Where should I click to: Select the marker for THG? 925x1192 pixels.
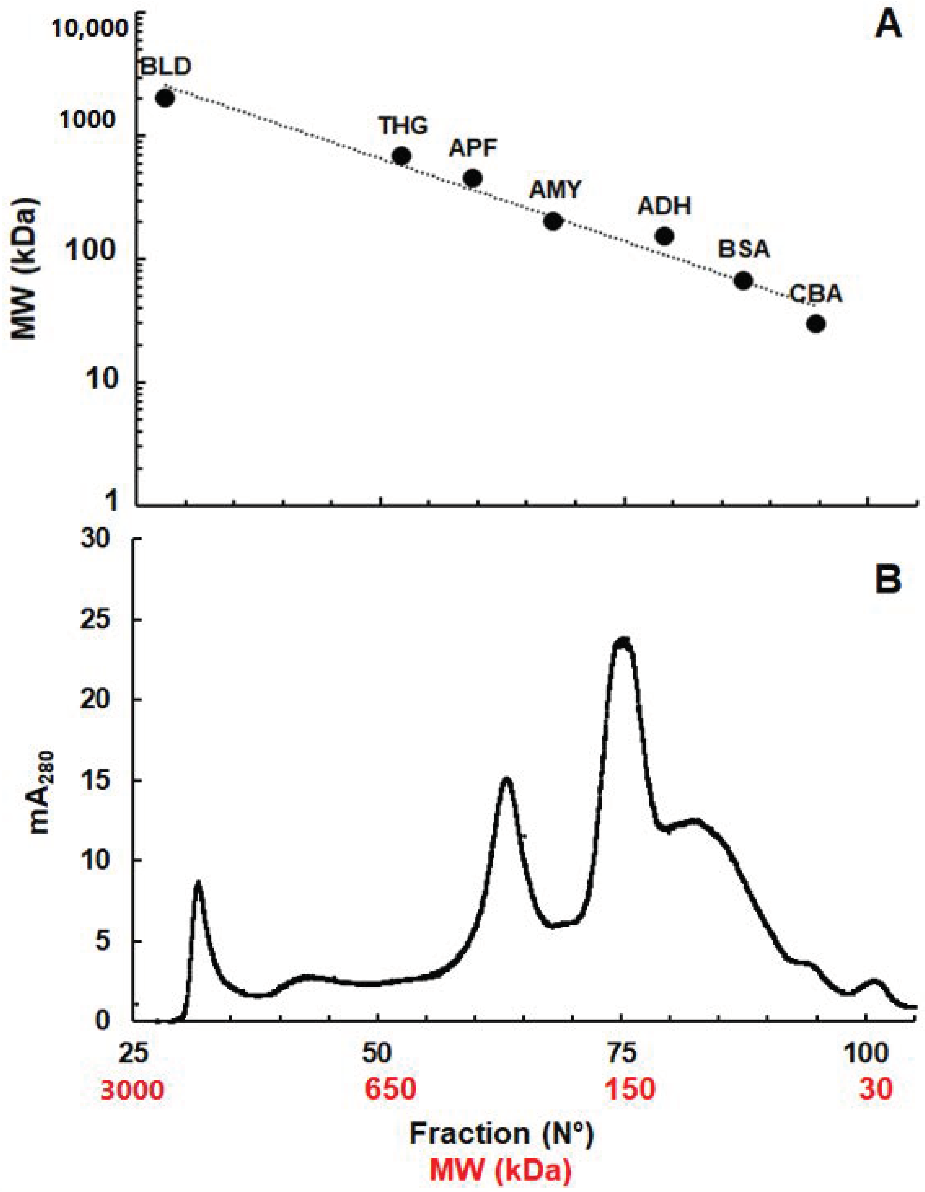[x=402, y=157]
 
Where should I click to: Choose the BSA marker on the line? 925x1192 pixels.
[x=743, y=281]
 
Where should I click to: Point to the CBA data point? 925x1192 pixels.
[x=816, y=324]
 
